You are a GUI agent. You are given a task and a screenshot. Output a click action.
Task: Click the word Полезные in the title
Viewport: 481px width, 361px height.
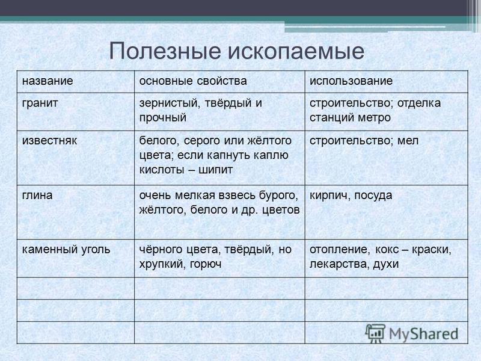coord(165,51)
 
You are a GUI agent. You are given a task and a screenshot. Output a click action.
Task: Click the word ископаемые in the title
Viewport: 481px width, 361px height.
coord(296,51)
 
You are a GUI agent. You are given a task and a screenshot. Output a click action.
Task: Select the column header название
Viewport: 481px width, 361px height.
coord(47,81)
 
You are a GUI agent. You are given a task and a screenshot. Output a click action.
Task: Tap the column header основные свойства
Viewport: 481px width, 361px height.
coord(193,81)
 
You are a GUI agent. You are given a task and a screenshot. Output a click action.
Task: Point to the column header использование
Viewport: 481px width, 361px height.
coord(351,81)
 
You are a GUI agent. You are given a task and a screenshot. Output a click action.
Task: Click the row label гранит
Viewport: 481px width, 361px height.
coord(40,103)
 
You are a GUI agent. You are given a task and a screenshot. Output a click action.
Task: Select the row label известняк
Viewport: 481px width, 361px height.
coord(49,141)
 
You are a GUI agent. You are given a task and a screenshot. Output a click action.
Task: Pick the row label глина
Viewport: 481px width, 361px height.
coord(37,196)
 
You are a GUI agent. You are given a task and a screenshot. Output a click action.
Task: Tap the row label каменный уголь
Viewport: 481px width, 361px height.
coord(66,250)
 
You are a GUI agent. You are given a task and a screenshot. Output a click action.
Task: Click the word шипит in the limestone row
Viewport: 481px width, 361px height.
coord(216,170)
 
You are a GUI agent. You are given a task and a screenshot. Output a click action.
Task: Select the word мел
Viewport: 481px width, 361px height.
coord(408,141)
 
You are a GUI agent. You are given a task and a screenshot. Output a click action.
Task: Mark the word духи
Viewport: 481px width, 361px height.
coord(386,264)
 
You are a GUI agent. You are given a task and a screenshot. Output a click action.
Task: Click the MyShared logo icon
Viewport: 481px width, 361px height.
coord(375,333)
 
